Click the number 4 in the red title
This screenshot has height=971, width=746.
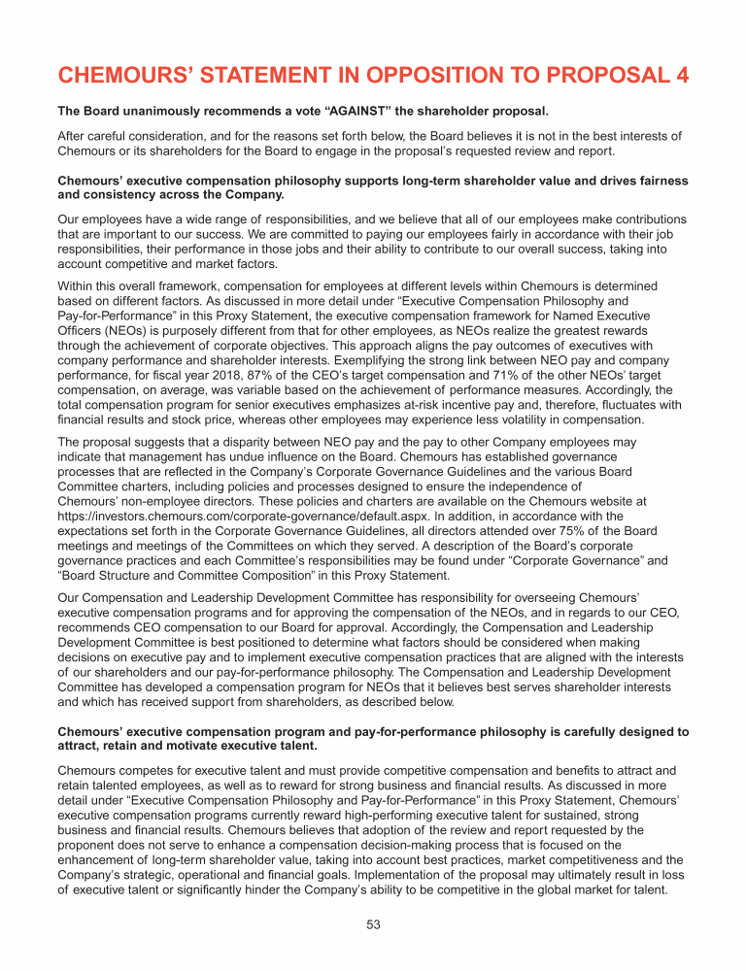pos(679,76)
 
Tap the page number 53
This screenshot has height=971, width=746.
pos(373,924)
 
